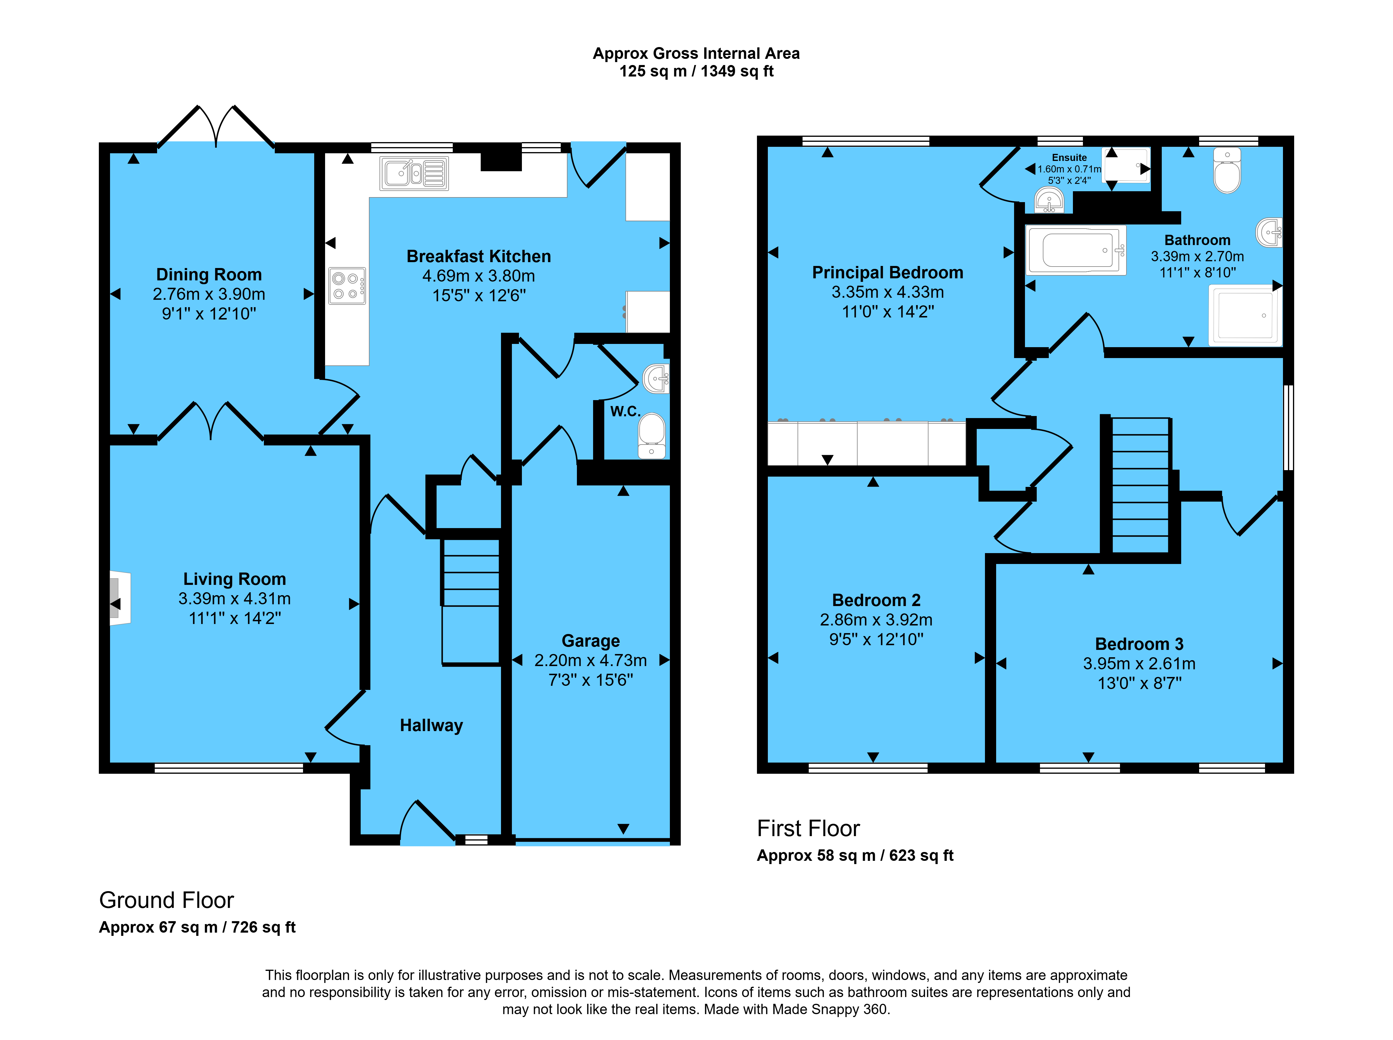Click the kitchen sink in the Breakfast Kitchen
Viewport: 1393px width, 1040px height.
(x=414, y=173)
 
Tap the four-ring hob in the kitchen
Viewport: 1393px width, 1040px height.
(x=347, y=286)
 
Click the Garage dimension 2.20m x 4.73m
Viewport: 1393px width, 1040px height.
(x=590, y=660)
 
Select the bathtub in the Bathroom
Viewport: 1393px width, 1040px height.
(x=1076, y=251)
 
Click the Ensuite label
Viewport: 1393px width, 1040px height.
(x=1069, y=157)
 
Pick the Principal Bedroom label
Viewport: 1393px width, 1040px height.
(x=888, y=273)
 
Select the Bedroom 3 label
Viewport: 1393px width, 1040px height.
(x=1139, y=644)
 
